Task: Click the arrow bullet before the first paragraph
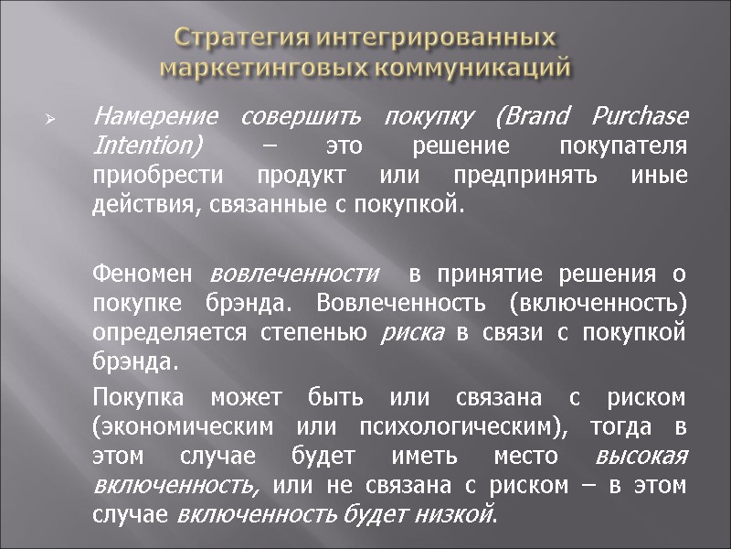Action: coord(51,119)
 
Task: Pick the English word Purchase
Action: coord(640,118)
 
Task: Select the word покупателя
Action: coord(630,146)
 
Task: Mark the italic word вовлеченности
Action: coord(294,274)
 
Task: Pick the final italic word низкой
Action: coord(462,514)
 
